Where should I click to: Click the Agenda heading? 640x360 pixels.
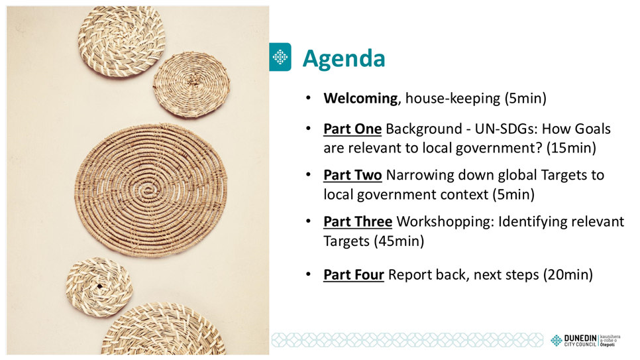344,59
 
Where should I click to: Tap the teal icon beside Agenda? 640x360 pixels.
280,57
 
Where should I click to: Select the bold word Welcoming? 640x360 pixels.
360,99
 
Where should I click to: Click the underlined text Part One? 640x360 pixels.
352,129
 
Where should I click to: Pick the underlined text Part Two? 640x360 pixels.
352,175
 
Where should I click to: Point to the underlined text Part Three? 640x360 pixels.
358,221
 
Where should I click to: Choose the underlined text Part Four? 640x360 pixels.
354,274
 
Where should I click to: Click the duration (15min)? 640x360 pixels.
571,148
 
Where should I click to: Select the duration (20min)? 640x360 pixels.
568,274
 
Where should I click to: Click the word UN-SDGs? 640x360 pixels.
506,129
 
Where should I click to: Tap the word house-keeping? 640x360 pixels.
453,99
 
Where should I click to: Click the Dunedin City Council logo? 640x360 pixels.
585,341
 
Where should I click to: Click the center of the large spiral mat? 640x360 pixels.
150,190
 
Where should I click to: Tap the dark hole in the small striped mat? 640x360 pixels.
99,286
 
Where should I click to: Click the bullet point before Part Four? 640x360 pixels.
309,274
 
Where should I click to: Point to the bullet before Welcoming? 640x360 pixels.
309,98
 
